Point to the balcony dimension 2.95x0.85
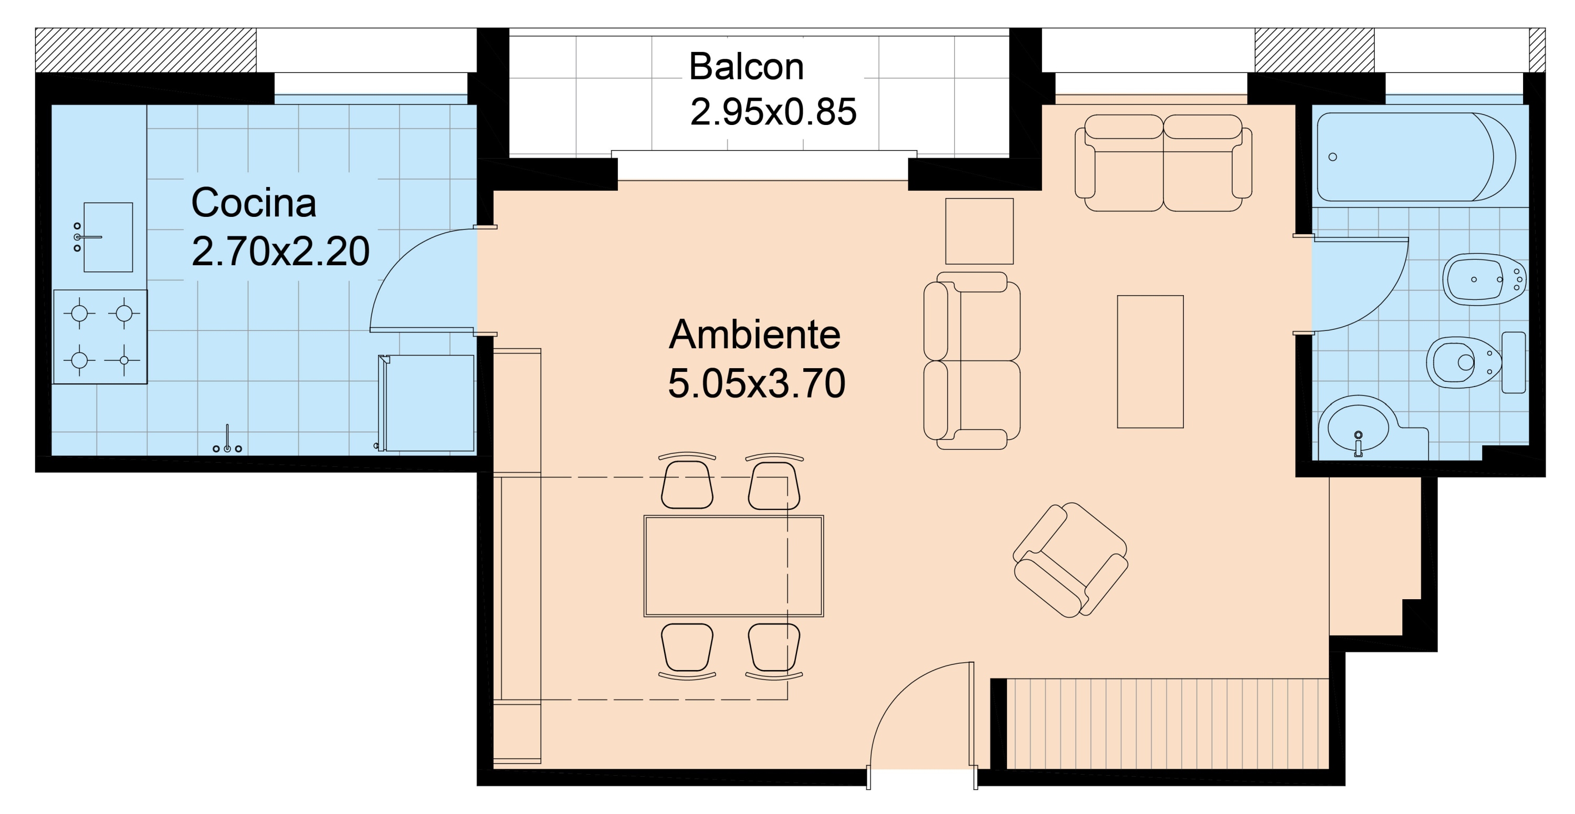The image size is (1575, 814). [773, 112]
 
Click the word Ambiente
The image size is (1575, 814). [754, 335]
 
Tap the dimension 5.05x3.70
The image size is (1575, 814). [757, 383]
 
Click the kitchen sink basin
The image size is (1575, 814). [108, 237]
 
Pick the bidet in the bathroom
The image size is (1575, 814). [1482, 279]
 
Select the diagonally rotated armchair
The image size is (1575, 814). [1070, 560]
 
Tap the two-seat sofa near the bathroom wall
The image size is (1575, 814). [1163, 163]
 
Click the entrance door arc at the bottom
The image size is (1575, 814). [899, 697]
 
